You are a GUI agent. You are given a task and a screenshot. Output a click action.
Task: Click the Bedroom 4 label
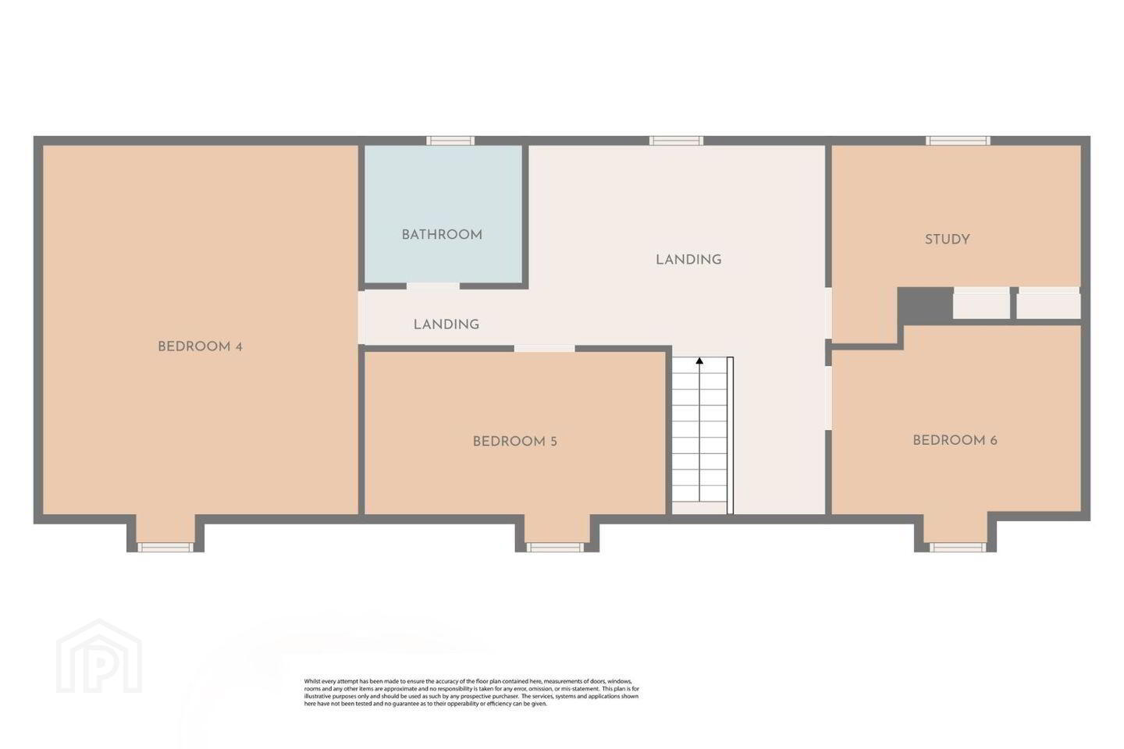click(200, 346)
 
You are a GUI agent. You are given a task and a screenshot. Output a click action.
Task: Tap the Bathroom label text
click(442, 235)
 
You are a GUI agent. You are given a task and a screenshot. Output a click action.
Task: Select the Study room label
click(948, 240)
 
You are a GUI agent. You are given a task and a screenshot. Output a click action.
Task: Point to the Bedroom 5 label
click(515, 442)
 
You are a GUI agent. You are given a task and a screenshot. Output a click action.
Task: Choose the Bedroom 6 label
click(955, 441)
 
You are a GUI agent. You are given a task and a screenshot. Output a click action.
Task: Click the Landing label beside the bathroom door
click(446, 325)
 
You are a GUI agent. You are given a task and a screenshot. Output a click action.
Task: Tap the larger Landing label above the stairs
click(688, 260)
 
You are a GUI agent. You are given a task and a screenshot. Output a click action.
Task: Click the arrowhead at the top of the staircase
click(699, 360)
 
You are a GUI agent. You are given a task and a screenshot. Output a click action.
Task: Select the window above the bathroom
click(450, 141)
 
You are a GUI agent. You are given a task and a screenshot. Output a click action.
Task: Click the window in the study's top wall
click(958, 141)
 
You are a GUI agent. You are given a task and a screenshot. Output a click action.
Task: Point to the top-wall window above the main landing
click(676, 141)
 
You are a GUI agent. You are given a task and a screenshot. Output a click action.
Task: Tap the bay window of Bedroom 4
click(165, 548)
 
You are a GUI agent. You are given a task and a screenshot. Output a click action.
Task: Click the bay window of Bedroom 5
click(555, 548)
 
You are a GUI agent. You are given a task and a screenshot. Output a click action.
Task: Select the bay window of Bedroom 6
click(958, 548)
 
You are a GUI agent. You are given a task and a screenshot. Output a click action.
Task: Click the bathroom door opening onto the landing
click(433, 286)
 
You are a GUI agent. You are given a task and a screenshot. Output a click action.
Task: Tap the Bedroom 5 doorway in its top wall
click(545, 348)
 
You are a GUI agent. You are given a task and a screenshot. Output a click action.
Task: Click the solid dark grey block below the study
click(925, 305)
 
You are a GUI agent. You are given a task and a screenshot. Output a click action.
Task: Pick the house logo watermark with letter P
click(99, 656)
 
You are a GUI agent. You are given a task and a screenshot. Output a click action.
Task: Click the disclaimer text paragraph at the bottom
click(471, 692)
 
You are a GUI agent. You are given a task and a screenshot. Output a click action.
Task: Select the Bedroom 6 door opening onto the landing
click(828, 398)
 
